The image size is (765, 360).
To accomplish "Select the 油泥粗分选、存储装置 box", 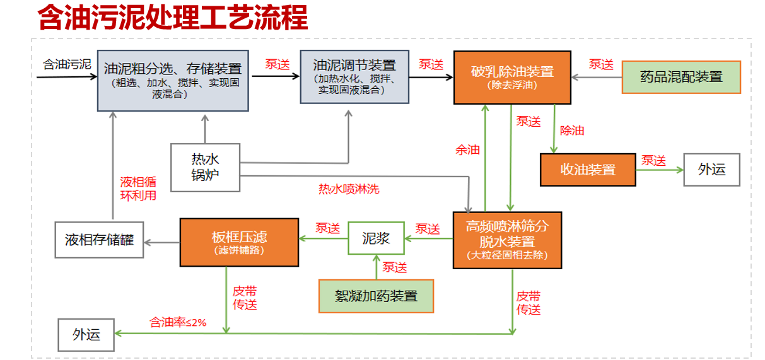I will pos(172,79).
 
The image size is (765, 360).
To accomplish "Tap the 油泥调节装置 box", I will pos(354,76).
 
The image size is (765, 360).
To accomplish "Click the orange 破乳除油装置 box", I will pos(512,77).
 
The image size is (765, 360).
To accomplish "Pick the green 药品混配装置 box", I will pos(681,77).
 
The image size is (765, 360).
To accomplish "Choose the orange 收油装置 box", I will pos(588,170).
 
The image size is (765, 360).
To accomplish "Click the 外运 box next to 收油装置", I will pos(711,170).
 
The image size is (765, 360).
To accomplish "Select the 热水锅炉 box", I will pos(206,167).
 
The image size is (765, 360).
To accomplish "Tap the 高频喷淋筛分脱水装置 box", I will pos(507,240).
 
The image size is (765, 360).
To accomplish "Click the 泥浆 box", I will pos(376,238).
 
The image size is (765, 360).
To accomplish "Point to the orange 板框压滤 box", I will pos(239,242).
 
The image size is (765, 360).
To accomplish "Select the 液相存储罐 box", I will pos(99,240).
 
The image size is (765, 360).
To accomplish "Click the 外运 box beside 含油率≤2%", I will pos(86,334).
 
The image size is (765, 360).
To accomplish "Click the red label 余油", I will pos(467,150).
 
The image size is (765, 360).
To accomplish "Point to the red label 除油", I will pos(572,131).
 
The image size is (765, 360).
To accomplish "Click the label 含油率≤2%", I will pos(178,322).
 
